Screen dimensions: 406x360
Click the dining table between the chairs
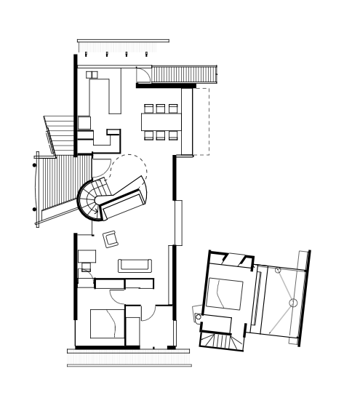pyautogui.click(x=160, y=122)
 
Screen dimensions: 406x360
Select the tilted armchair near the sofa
pyautogui.click(x=111, y=238)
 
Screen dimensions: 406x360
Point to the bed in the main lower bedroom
pyautogui.click(x=107, y=323)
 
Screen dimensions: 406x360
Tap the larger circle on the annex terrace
pyautogui.click(x=293, y=301)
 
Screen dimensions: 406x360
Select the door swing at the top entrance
pyautogui.click(x=143, y=76)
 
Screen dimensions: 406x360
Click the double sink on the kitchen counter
pyautogui.click(x=92, y=75)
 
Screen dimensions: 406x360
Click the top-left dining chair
pyautogui.click(x=148, y=109)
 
